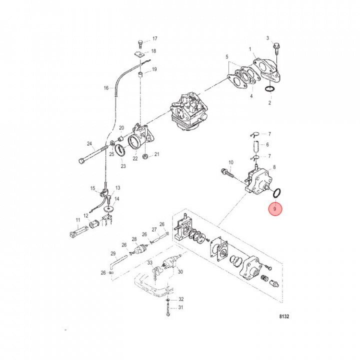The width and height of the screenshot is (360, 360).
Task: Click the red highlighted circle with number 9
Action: (x=275, y=208)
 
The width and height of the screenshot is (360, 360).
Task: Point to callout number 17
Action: (x=154, y=38)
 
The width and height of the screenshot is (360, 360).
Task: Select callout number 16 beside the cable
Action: (x=106, y=88)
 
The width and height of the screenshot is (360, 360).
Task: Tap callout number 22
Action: (x=135, y=158)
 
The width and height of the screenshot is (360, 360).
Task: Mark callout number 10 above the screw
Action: (x=231, y=162)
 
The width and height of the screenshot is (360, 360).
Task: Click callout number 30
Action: (x=180, y=272)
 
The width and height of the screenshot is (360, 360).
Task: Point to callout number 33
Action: (x=149, y=262)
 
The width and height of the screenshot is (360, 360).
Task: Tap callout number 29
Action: (x=113, y=253)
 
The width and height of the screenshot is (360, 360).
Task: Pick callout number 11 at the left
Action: (x=77, y=220)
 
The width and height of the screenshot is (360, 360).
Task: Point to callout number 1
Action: (x=250, y=49)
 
